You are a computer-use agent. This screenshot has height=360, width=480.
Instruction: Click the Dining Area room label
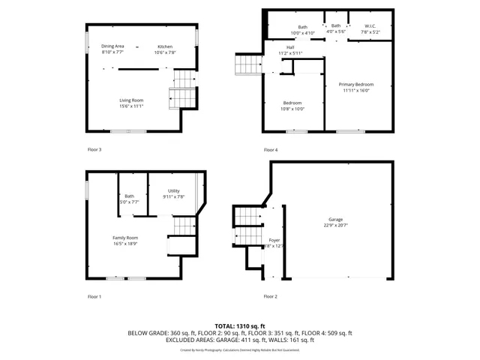[x=113, y=46]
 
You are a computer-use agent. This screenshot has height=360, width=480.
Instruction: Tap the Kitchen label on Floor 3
[x=164, y=46]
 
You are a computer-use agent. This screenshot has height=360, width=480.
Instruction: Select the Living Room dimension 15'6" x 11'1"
[x=131, y=106]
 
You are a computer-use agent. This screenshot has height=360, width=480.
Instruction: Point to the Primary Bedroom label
[x=355, y=84]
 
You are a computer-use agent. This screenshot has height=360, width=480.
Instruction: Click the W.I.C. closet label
[x=370, y=27]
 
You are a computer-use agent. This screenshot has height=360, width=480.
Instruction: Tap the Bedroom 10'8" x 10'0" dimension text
[x=292, y=109]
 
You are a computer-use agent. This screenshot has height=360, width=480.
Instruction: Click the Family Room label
[x=125, y=237]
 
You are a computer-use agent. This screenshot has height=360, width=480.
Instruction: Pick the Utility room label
[x=173, y=191]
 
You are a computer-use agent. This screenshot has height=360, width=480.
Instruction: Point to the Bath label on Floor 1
[x=130, y=196]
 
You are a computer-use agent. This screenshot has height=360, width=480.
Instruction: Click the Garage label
[x=335, y=219]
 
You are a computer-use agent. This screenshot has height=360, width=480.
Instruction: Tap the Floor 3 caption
[x=94, y=150]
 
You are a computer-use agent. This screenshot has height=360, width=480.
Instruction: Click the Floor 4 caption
[x=270, y=150]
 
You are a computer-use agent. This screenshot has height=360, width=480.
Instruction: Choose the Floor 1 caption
[x=94, y=296]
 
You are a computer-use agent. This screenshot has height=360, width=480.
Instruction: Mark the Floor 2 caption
[x=270, y=296]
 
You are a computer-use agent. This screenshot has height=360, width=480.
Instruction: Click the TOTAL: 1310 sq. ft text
[x=240, y=326]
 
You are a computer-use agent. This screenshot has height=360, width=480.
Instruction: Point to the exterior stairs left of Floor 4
[x=248, y=64]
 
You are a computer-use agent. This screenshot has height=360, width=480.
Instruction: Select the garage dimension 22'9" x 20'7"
[x=335, y=225]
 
